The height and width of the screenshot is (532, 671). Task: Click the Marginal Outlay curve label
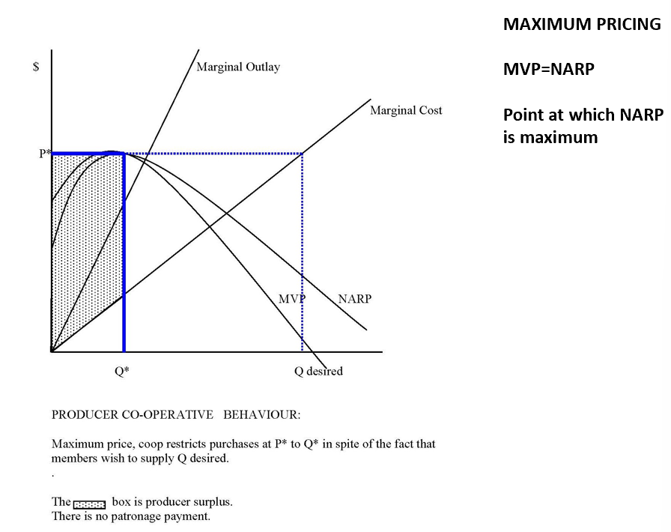click(238, 67)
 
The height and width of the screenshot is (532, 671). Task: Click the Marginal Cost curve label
click(406, 111)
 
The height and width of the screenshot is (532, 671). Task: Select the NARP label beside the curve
click(354, 299)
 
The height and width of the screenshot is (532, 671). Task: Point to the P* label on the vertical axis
click(45, 154)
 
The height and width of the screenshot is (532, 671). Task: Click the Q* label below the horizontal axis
click(122, 371)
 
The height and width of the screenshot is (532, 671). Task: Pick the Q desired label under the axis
click(318, 371)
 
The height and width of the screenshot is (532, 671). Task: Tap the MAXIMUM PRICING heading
click(582, 24)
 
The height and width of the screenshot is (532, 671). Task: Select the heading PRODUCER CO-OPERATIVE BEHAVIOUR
click(175, 414)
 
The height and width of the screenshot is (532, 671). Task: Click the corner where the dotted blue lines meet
click(303, 154)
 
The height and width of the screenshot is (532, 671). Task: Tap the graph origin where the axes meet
click(51, 351)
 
